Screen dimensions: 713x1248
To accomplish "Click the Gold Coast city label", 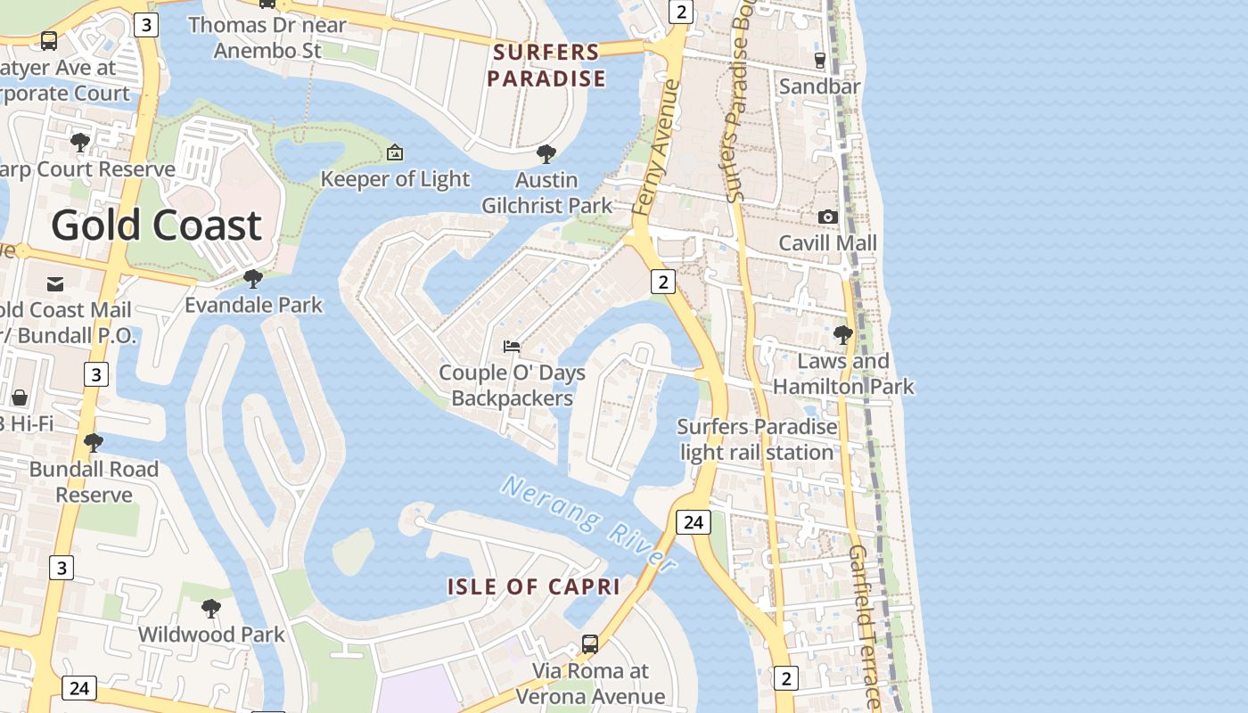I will click(x=156, y=225).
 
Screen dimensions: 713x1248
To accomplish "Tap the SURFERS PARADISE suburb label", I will click(x=546, y=65).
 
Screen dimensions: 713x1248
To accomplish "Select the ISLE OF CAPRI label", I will click(x=533, y=586).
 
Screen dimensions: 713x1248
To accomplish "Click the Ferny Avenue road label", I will click(x=657, y=147).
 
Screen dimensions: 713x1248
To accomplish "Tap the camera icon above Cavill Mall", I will click(x=828, y=217).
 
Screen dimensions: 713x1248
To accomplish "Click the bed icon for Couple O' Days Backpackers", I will click(x=512, y=346).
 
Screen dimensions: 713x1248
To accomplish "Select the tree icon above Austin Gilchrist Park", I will click(x=546, y=154).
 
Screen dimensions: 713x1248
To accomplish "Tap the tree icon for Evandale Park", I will click(x=253, y=279).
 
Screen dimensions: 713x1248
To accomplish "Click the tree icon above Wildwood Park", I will click(x=211, y=609).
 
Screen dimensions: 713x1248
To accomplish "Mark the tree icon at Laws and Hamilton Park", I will click(x=842, y=335).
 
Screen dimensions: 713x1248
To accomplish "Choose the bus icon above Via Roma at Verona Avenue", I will click(x=590, y=643).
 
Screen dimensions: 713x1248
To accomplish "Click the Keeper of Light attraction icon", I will click(x=395, y=152).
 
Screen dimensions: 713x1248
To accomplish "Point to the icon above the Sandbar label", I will click(x=819, y=60).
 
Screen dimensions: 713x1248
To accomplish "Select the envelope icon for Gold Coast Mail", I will click(x=55, y=283).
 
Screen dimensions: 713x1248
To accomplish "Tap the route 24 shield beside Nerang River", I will click(x=693, y=522).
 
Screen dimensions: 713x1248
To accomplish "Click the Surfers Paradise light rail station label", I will click(x=757, y=439).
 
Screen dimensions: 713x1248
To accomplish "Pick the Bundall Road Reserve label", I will click(x=94, y=481).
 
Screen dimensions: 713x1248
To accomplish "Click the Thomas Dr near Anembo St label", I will click(x=267, y=37).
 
